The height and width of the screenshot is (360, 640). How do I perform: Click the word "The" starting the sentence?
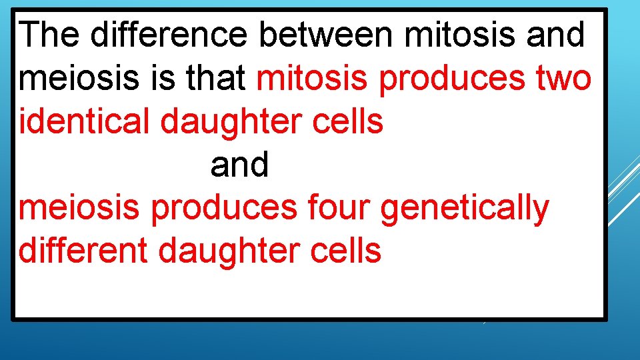50,35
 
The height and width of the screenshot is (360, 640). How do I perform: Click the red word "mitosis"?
312,78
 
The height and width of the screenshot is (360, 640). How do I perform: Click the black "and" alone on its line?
239,165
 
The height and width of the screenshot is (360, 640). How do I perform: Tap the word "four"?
339,208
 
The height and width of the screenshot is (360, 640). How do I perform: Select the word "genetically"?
464,208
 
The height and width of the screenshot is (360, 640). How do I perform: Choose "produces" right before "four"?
223,208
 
